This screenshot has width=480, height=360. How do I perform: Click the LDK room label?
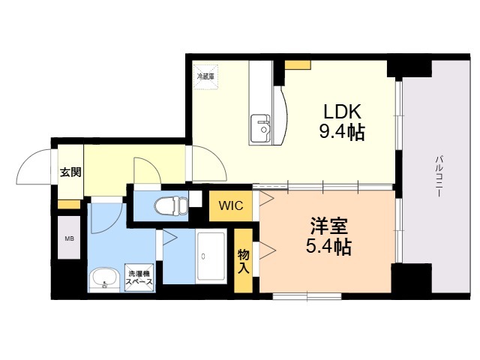(x=343, y=112)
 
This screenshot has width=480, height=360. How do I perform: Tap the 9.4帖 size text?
(x=342, y=132)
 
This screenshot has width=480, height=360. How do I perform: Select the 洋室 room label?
(x=329, y=226)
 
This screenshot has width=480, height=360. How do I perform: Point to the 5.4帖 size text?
(x=328, y=246)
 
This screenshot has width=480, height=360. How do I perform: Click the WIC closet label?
(x=231, y=205)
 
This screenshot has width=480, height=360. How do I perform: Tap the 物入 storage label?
(x=244, y=261)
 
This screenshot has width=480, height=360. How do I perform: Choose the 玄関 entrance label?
(x=70, y=172)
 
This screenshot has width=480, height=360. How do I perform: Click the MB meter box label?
(x=69, y=238)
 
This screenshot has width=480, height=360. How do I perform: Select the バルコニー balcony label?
(x=438, y=176)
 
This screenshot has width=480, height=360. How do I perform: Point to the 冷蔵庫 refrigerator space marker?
(x=205, y=76)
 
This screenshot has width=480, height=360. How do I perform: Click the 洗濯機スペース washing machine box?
(x=139, y=278)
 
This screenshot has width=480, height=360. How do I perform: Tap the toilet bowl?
(x=172, y=205)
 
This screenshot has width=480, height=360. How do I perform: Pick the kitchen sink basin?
(x=260, y=128)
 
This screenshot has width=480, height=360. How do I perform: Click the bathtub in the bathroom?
(x=211, y=256)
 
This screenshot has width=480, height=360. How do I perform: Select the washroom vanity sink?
(x=104, y=278)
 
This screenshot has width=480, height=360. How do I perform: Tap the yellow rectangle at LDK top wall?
(x=298, y=64)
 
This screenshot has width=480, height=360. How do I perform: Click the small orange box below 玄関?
(x=69, y=204)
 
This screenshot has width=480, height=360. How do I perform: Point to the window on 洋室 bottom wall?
(x=307, y=296)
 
